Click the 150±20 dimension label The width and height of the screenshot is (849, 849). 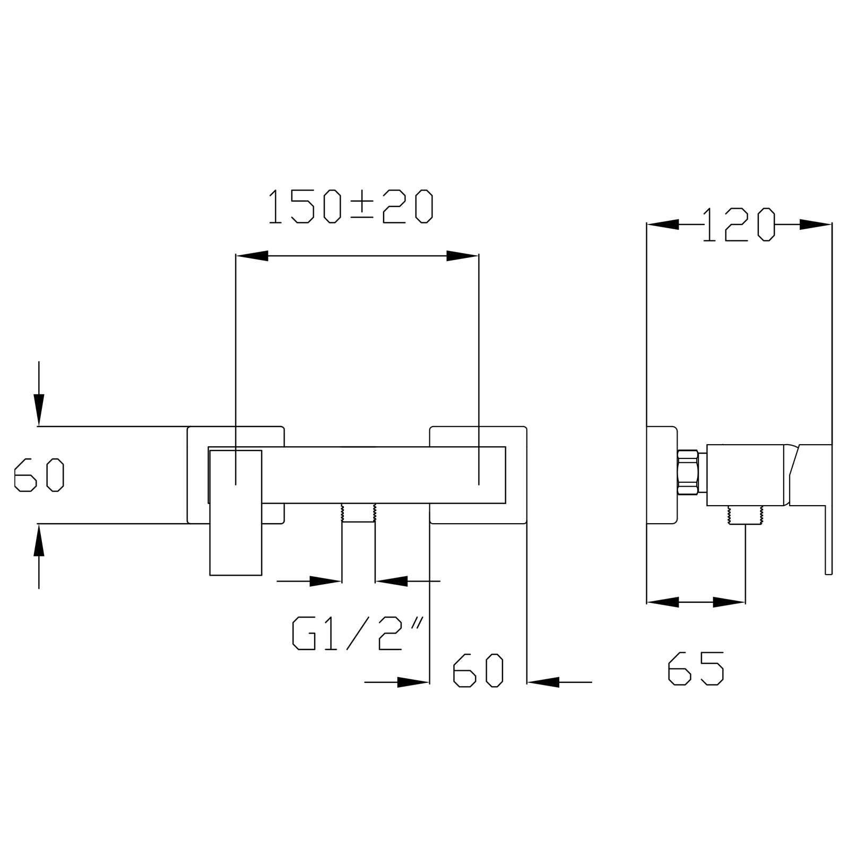pyautogui.click(x=351, y=206)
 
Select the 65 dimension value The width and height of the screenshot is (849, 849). pyautogui.click(x=696, y=669)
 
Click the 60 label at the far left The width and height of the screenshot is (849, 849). pyautogui.click(x=39, y=475)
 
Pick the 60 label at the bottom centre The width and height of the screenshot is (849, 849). pyautogui.click(x=478, y=670)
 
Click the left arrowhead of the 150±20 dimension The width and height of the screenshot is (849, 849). pyautogui.click(x=252, y=256)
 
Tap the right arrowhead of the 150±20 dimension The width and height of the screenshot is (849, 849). pyautogui.click(x=462, y=256)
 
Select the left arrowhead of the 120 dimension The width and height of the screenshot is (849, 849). pyautogui.click(x=663, y=224)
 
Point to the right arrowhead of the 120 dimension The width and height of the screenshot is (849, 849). pyautogui.click(x=816, y=224)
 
